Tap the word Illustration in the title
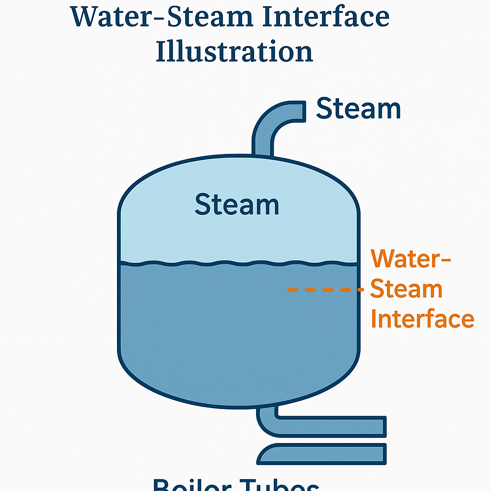234,51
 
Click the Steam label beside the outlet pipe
358,109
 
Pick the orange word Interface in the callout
422,319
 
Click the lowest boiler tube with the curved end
326,454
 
